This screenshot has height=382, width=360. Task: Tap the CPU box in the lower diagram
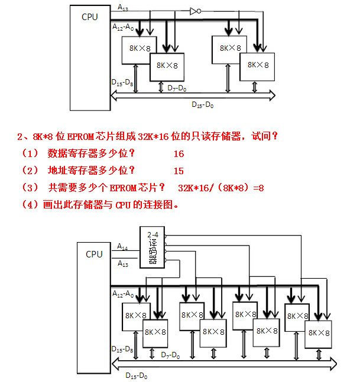point(94,295)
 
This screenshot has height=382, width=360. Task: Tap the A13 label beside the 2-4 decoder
point(122,264)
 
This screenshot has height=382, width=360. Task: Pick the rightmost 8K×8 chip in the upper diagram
point(257,66)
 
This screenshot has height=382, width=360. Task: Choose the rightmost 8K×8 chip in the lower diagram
point(318,334)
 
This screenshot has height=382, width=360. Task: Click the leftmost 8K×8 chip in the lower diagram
point(136,316)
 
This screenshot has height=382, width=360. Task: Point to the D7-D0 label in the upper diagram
point(177,88)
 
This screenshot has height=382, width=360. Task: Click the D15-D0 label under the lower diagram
point(137,375)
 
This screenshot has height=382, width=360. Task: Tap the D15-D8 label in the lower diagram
point(122,349)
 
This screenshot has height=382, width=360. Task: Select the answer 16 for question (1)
point(179,154)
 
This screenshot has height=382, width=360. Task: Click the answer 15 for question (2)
point(179,171)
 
